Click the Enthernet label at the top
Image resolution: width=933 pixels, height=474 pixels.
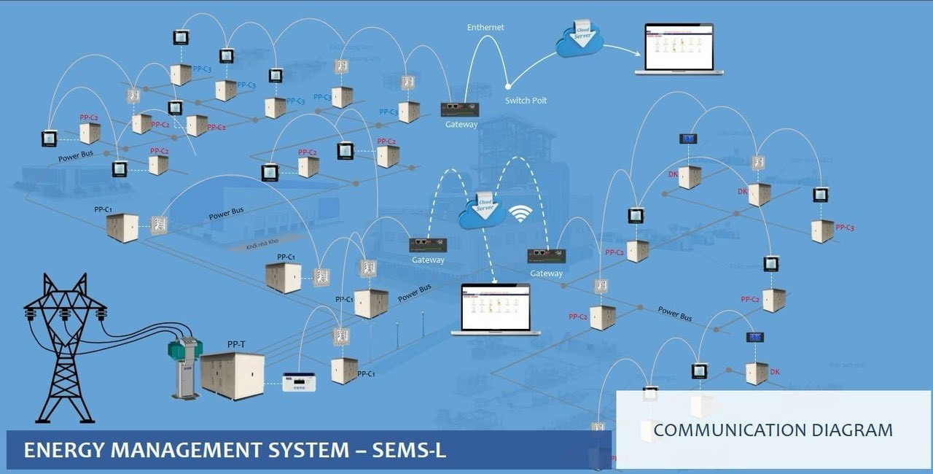485,28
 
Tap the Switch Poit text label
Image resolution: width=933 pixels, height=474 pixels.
526,101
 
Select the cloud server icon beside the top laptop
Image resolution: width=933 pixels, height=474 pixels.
579,39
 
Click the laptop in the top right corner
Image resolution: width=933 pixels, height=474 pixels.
679,50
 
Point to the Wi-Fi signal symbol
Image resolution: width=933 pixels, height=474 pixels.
520,213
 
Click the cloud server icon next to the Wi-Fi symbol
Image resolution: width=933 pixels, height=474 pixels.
482,211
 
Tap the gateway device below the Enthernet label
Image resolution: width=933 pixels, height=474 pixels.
460,109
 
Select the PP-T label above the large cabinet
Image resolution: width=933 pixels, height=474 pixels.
235,343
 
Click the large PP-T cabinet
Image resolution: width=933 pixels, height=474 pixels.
233,375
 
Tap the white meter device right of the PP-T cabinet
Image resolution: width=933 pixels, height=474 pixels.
299,381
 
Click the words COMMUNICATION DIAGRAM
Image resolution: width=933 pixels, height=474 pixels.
773,430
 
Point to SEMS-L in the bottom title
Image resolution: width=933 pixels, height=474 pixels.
409,451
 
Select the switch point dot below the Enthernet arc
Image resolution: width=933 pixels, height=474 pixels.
508,86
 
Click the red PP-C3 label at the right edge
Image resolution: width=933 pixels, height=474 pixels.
845,228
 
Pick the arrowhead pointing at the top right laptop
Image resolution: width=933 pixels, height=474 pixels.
636,54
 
